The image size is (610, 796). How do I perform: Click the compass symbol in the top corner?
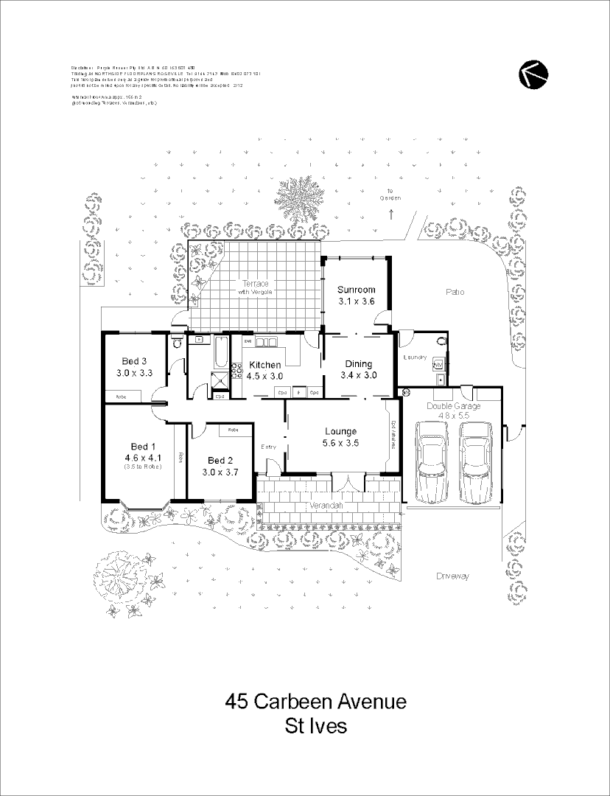(530, 75)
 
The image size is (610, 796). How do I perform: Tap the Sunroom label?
(357, 290)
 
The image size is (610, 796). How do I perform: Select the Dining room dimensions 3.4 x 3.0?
(358, 375)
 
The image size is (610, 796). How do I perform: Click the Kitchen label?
(264, 365)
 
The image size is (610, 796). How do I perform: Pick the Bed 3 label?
(134, 361)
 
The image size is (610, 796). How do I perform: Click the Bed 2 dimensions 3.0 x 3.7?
(222, 472)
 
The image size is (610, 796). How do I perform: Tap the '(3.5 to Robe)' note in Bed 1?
(143, 467)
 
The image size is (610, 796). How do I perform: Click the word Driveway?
(452, 576)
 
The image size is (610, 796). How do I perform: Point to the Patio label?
(455, 293)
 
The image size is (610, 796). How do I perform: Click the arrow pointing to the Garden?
(391, 214)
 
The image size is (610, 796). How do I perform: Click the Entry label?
(269, 447)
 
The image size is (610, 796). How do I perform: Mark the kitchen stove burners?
(237, 369)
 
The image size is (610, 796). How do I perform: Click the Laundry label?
(416, 357)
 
